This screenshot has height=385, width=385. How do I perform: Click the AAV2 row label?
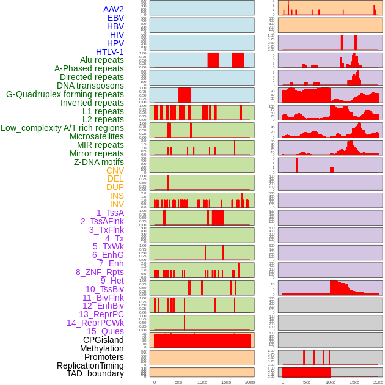pos(114,9)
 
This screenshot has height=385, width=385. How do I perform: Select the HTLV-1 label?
pos(110,52)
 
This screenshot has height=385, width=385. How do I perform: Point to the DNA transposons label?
pos(90,86)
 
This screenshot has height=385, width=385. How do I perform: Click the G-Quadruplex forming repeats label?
pos(65,94)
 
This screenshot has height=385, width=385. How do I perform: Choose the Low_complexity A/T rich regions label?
pos(62,128)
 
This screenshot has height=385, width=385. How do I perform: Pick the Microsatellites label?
pos(97,136)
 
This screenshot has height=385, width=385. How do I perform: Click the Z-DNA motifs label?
pos(99,162)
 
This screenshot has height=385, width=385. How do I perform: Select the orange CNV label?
pos(115,170)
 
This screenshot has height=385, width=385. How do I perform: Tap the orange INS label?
pos(117,196)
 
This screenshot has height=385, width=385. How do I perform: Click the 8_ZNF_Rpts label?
pos(100,272)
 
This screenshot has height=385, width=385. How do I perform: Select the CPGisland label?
pos(103,340)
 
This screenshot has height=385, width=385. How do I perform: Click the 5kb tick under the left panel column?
pos(178,382)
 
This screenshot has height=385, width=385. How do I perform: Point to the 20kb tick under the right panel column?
pos(378,382)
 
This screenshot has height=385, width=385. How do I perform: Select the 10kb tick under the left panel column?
pos(202,382)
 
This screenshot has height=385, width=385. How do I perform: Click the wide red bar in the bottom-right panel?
pos(306,372)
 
